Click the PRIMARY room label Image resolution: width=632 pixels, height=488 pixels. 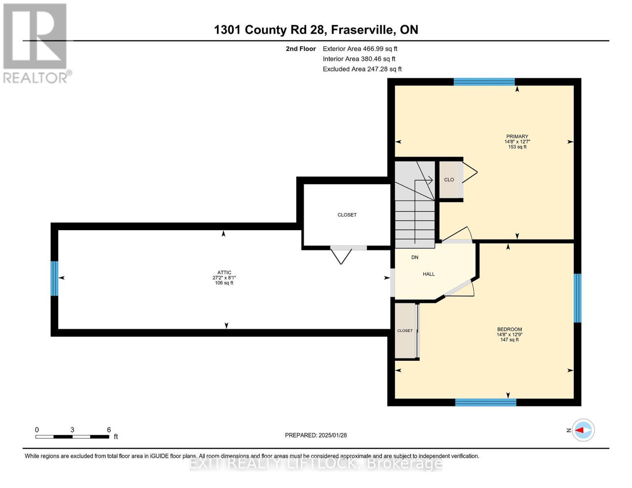[x=517, y=137]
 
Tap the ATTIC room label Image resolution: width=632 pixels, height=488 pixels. [x=224, y=273]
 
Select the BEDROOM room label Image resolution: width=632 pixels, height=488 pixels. [x=509, y=329]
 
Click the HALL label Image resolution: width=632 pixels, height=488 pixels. [x=429, y=274]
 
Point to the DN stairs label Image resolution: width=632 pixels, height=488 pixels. [x=415, y=257]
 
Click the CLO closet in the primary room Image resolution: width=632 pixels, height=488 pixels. [x=449, y=180]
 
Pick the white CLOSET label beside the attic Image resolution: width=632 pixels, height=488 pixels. [x=347, y=215]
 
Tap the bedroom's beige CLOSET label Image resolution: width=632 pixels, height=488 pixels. [x=405, y=331]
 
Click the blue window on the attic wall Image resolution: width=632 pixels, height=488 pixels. [x=54, y=279]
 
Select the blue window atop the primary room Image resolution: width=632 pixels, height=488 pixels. [x=484, y=82]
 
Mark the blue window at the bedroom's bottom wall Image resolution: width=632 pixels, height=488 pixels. [x=485, y=402]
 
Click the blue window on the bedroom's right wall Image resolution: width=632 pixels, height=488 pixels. [x=577, y=298]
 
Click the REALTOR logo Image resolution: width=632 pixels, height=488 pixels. [x=36, y=43]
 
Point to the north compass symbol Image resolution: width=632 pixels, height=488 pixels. [x=583, y=430]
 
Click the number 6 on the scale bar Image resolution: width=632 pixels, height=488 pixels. [x=109, y=430]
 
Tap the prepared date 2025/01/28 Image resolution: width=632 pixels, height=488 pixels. [x=332, y=435]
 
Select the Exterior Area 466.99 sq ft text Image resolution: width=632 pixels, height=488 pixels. [x=360, y=49]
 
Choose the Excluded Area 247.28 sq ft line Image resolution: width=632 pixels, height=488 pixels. [x=362, y=69]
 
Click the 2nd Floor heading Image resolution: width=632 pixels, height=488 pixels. [x=301, y=49]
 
